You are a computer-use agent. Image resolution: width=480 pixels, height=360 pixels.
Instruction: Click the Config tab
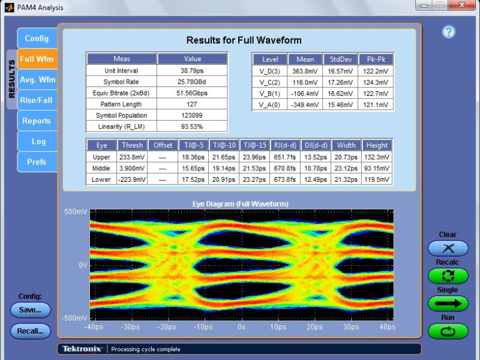[x=37, y=38]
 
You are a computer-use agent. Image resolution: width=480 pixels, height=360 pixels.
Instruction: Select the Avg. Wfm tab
[x=37, y=80]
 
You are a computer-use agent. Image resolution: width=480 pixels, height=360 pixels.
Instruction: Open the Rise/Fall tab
[x=37, y=100]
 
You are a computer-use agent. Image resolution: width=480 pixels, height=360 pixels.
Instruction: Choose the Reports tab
[x=37, y=121]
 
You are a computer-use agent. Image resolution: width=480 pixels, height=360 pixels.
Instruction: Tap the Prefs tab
[x=37, y=162]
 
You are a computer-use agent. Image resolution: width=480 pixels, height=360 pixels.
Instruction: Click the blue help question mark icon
[x=448, y=32]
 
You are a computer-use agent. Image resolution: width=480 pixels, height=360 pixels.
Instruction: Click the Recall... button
[x=30, y=331]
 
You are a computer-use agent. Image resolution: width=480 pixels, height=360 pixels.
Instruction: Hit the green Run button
[x=448, y=331]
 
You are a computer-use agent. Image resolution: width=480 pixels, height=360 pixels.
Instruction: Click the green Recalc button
[x=448, y=275]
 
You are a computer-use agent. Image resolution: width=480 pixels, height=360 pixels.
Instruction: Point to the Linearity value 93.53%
[x=192, y=127]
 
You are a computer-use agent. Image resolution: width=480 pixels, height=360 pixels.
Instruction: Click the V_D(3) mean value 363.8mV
[x=305, y=71]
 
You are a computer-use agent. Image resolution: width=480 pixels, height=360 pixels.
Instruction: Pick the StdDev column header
[x=341, y=59]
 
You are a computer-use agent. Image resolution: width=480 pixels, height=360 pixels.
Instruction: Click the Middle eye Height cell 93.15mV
[x=377, y=168]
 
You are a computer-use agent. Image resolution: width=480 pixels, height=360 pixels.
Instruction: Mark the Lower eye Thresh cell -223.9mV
[x=132, y=179]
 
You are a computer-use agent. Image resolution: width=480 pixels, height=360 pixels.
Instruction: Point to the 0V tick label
[x=83, y=265]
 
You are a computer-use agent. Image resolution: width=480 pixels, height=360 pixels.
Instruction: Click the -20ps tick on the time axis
[x=167, y=327]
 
